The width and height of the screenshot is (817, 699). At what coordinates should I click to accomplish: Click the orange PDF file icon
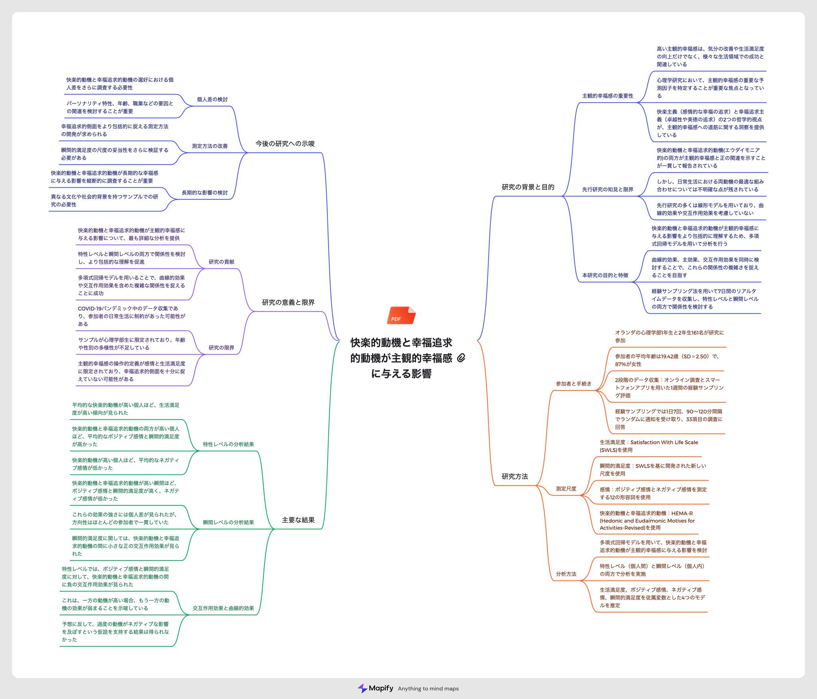pos(401,315)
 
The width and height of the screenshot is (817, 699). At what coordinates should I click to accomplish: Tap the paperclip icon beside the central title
pos(461,358)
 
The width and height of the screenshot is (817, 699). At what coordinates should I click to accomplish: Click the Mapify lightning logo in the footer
pos(362,688)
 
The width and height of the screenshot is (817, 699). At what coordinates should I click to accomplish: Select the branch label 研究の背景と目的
pos(528,187)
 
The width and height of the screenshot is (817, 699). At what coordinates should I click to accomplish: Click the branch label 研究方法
pos(515,476)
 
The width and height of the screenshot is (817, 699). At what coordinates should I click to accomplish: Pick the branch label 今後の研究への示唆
pos(285,143)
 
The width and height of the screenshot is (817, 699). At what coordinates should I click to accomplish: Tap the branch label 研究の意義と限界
pos(288,302)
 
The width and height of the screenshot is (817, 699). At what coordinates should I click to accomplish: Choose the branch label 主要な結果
pos(298,520)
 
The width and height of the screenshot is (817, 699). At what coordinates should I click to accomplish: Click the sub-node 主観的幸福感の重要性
pos(608,96)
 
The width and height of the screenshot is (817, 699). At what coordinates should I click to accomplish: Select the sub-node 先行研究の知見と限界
pos(608,189)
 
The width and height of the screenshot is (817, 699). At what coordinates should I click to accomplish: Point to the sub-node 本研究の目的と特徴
pos(605,275)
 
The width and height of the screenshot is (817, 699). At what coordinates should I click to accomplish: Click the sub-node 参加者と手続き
pos(573,384)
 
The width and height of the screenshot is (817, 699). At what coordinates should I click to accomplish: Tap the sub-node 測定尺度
pos(566,489)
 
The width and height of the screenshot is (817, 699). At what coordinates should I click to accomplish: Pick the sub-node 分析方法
pos(566,574)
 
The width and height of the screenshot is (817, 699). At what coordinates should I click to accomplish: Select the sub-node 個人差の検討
pos(212,99)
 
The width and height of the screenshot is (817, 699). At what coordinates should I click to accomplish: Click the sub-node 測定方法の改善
pos(209,146)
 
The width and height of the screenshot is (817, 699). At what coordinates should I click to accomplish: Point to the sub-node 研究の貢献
pos(221,262)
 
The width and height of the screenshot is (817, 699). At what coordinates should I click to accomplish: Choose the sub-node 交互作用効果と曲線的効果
pos(223,608)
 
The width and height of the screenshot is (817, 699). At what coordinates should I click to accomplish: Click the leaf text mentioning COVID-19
pos(132,316)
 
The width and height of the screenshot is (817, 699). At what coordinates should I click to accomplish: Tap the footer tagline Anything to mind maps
pos(428,689)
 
